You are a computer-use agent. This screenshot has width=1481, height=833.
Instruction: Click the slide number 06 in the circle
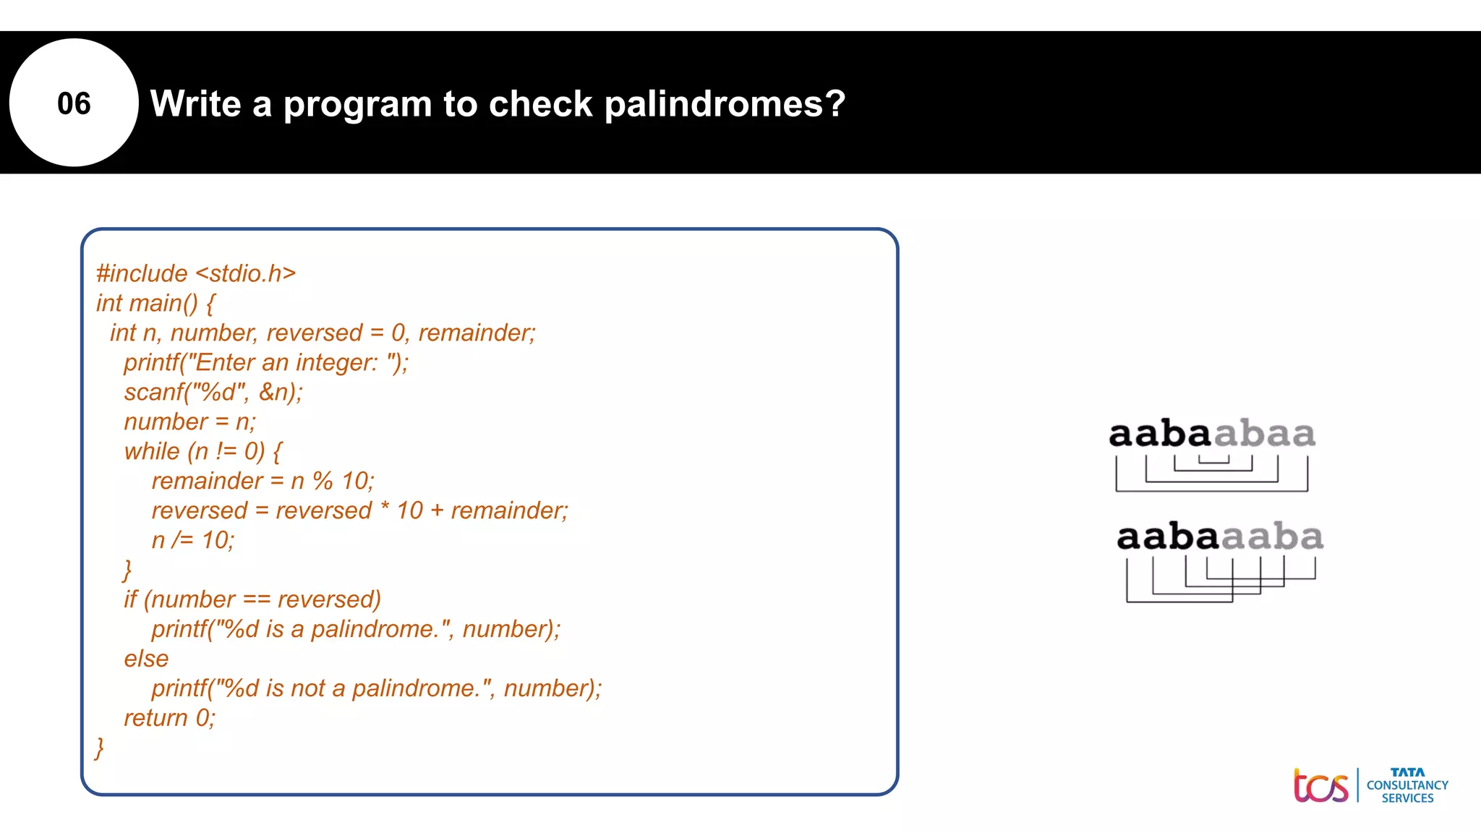(74, 103)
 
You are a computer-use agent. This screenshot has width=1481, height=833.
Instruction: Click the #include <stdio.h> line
(196, 273)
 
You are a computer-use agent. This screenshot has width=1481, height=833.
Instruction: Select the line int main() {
(155, 303)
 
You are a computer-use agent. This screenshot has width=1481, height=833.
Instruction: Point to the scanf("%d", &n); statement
(213, 392)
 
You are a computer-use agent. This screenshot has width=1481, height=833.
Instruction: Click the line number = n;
(189, 422)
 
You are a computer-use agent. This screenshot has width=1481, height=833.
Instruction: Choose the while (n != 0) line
(202, 451)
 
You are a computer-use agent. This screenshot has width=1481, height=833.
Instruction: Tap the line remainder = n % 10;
(263, 481)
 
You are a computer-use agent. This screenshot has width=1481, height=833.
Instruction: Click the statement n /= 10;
(193, 540)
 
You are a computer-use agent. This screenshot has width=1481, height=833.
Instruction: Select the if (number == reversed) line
(252, 599)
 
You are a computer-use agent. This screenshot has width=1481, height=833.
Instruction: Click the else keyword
(146, 659)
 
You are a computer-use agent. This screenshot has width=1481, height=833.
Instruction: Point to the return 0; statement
(170, 718)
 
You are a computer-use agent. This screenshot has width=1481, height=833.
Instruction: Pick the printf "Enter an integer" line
(266, 362)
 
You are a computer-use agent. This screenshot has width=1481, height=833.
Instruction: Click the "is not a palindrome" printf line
(376, 688)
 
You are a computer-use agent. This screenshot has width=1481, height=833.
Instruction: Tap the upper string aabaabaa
(1212, 435)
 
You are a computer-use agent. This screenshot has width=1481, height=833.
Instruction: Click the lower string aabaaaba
(1220, 537)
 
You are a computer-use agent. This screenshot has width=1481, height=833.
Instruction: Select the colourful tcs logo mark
(1320, 786)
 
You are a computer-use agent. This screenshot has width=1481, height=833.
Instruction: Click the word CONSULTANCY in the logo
(1407, 785)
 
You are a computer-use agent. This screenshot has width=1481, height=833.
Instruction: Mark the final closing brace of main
(100, 748)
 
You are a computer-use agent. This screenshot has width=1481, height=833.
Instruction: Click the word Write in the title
(195, 104)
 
